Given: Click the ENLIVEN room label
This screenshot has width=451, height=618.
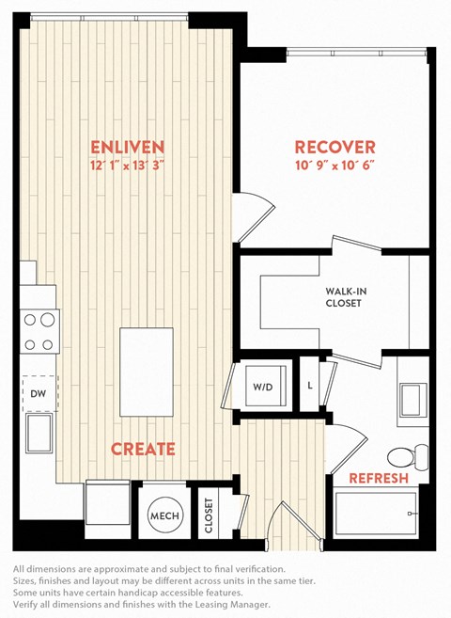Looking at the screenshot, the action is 128,147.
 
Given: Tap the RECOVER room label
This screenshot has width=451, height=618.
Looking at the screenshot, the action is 335,147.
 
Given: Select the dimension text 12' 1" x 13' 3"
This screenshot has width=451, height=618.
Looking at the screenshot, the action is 127,166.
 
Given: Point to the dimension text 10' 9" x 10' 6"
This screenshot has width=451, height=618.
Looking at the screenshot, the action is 334,166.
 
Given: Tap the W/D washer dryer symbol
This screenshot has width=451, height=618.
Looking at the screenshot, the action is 265,386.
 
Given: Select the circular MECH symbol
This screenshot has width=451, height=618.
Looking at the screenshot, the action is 164,515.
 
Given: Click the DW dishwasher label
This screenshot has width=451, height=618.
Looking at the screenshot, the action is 39,393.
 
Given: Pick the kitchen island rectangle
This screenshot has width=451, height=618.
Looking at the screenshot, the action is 147,372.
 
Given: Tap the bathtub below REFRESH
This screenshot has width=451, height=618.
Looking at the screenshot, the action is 375,513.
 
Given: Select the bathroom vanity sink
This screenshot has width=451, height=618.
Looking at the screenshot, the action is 413,400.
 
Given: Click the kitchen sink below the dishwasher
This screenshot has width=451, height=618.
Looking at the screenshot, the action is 39,433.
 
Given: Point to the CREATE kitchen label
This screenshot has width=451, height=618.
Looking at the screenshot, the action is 143,450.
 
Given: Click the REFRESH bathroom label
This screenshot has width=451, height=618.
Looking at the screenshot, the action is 379,478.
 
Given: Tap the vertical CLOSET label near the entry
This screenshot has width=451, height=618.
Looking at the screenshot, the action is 209,515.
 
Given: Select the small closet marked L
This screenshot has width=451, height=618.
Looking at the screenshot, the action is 310,386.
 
